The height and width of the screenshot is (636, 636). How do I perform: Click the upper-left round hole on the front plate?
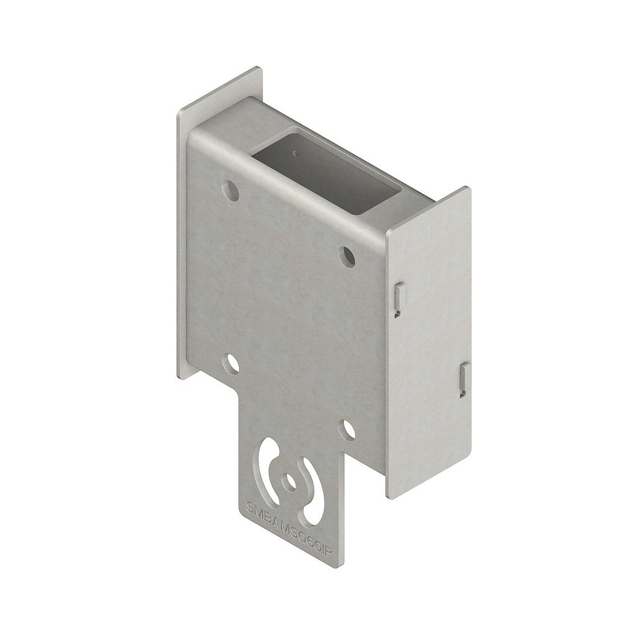[230, 190]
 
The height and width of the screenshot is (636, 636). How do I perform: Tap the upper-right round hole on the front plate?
[347, 255]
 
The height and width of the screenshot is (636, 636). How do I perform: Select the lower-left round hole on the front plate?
[231, 363]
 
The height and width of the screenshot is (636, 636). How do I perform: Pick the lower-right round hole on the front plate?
[348, 429]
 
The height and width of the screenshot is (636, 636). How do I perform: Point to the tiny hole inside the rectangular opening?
[297, 151]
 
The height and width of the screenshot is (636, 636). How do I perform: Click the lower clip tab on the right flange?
[464, 379]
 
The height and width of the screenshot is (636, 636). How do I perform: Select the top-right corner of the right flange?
[469, 188]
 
